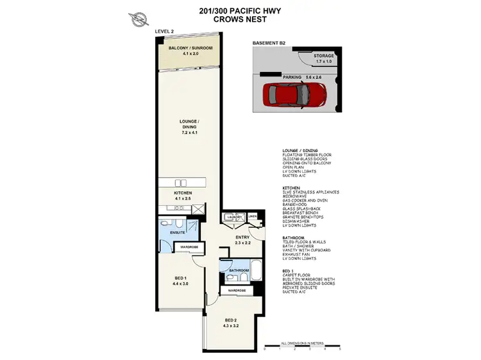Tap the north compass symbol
(136, 19)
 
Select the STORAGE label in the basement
(324, 56)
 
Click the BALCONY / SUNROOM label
(190, 49)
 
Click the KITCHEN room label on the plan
(183, 193)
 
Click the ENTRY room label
(242, 237)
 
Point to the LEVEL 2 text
(165, 30)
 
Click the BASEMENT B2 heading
(269, 43)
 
